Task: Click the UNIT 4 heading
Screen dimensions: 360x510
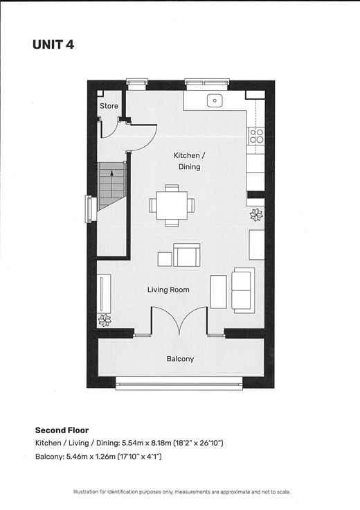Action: point(53,44)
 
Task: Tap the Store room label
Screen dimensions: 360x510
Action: point(109,106)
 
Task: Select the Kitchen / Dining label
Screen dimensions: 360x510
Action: point(190,161)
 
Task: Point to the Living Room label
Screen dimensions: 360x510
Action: point(168,290)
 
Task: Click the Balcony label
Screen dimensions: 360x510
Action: point(180,359)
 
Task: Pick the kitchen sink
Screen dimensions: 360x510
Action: point(215,100)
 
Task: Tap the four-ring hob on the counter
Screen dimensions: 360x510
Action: point(256,137)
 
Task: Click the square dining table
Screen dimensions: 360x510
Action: point(172,206)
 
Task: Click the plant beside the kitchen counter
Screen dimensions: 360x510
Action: point(256,215)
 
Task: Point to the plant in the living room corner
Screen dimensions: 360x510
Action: point(105,320)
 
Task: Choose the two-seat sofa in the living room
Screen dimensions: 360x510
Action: point(243,290)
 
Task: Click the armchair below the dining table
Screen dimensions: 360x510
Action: point(186,255)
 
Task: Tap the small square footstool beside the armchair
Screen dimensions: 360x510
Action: point(165,259)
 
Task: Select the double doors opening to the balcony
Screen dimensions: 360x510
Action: point(179,320)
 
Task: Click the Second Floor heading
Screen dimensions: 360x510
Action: point(62,430)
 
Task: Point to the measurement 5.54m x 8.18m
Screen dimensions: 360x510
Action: point(146,443)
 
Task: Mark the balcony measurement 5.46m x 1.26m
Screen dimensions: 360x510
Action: point(91,457)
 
